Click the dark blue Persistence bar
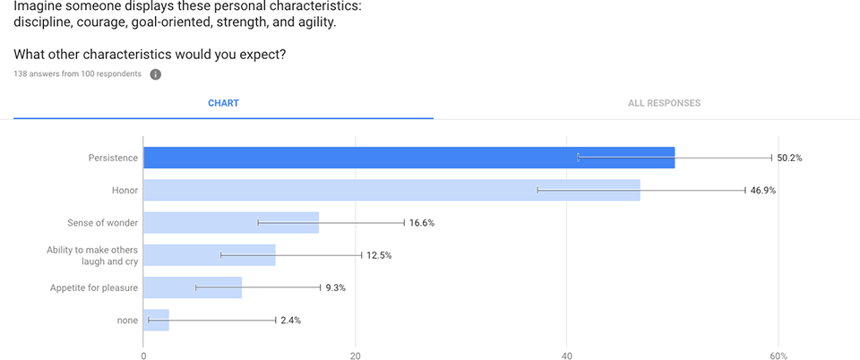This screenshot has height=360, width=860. [408, 158]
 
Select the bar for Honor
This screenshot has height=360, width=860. [391, 190]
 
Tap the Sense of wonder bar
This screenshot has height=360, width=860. [231, 222]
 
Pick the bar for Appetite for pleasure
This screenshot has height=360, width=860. [193, 287]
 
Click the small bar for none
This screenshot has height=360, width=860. [156, 320]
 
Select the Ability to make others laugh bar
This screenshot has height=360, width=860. [210, 255]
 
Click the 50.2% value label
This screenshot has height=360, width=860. [789, 158]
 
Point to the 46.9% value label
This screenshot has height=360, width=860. [763, 190]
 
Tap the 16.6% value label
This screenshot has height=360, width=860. [422, 223]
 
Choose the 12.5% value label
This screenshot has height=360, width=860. [379, 255]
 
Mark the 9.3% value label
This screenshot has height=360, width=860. [336, 287]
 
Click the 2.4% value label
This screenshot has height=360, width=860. [291, 320]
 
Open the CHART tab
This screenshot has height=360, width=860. [223, 103]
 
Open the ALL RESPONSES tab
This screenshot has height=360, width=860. [664, 103]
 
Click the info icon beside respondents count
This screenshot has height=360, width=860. [155, 74]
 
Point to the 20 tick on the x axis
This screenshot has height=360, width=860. [356, 355]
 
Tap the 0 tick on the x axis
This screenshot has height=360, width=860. [143, 355]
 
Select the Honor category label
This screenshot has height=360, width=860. [124, 190]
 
